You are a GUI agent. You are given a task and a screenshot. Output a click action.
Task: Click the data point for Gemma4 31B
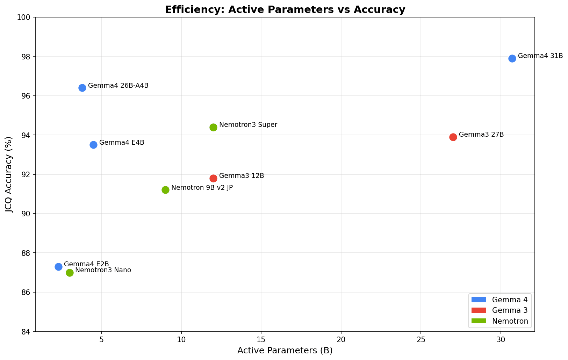512,58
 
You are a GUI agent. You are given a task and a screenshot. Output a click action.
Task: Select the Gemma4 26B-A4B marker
82,88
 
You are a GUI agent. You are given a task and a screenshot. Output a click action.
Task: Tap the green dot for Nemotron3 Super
213,127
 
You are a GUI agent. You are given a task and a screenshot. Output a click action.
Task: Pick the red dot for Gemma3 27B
453,137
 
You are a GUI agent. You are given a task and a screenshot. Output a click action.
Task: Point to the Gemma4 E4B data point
93,145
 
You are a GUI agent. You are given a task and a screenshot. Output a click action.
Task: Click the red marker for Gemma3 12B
213,178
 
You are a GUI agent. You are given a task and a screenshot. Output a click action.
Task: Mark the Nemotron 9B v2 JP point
165,190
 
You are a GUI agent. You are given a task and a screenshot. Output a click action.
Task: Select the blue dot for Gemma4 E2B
58,267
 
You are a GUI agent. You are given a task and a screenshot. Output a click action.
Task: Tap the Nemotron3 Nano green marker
70,273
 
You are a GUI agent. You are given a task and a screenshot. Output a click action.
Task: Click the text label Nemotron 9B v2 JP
202,188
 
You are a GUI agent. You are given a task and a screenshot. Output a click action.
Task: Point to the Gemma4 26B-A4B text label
118,86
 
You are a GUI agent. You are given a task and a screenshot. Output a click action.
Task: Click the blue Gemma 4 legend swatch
479,300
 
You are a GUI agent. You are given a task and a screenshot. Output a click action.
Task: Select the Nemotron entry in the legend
510,321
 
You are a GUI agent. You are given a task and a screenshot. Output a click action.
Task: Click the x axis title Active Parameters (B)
285,351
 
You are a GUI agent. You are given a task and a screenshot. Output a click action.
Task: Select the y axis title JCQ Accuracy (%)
9,174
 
